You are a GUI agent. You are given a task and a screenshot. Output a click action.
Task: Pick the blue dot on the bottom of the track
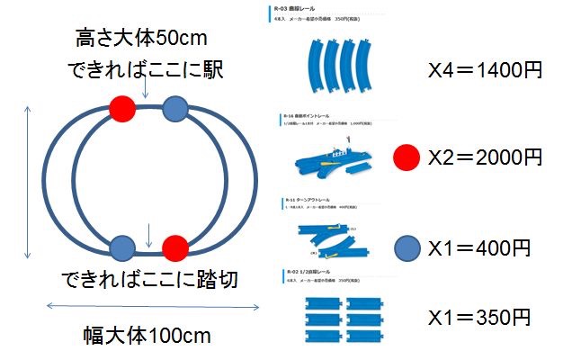tap(122, 246)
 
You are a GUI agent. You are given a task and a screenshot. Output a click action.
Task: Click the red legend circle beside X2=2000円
tap(407, 158)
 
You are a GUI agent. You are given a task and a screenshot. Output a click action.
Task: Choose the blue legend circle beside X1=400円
tap(407, 247)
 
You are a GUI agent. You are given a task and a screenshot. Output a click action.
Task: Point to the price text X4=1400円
tap(484, 71)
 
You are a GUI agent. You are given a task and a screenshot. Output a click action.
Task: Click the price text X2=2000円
tap(485, 158)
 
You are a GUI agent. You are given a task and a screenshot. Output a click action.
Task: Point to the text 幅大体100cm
tap(144, 337)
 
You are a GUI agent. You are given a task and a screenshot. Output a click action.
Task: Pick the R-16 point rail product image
tap(335, 159)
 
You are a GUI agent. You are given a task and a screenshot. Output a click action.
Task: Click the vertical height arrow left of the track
tap(29, 181)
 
